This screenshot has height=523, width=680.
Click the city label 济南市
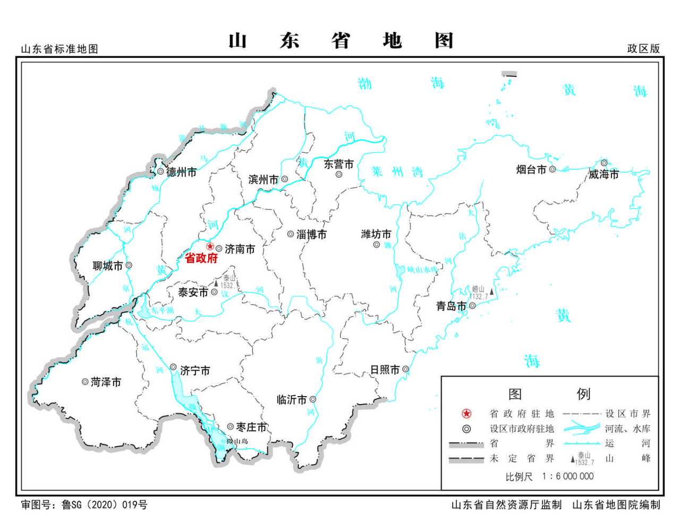[x=240, y=248]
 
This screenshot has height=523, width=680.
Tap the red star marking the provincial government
[x=210, y=247]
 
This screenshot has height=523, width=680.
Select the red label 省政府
[x=201, y=259]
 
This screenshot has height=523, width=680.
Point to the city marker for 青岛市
[x=472, y=305]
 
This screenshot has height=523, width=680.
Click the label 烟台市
[x=531, y=169]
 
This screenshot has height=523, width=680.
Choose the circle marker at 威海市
[x=604, y=162]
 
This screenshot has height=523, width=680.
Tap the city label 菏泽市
[x=106, y=382]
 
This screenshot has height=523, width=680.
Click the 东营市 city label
[x=339, y=165]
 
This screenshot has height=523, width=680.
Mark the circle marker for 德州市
[x=160, y=172]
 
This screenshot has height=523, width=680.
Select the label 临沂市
[x=292, y=399]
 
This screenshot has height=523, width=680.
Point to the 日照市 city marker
[x=405, y=369]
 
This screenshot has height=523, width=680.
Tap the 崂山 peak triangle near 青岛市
[x=492, y=291]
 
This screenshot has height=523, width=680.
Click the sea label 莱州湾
[x=397, y=172]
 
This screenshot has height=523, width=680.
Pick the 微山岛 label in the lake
[x=237, y=441]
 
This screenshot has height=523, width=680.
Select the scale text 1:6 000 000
[x=568, y=476]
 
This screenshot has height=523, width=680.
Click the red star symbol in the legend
[x=466, y=414]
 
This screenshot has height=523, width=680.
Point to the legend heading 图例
[x=549, y=394]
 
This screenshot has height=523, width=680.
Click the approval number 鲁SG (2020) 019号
[x=105, y=504]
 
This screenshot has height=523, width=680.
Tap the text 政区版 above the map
[x=643, y=48]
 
